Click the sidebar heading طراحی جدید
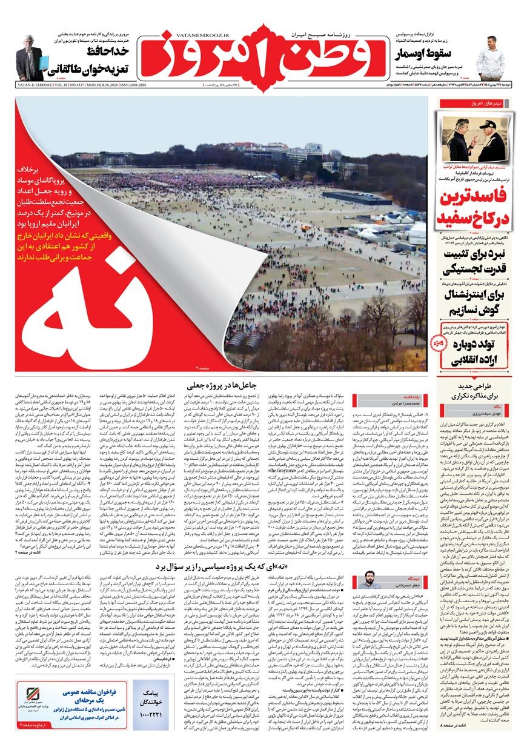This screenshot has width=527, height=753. coord(476,387)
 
